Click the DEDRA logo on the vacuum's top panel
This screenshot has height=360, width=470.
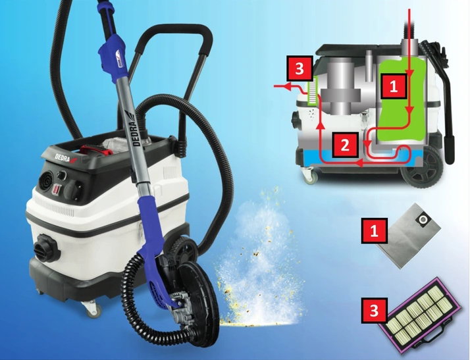pyautogui.click(x=65, y=158)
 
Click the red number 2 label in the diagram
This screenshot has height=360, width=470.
pyautogui.click(x=345, y=145)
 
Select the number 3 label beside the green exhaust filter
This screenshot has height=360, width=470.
pyautogui.click(x=300, y=68)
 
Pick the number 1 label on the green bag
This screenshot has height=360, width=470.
pyautogui.click(x=394, y=86)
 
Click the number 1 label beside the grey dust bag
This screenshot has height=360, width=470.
pyautogui.click(x=374, y=230)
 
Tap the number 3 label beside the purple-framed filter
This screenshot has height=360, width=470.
pyautogui.click(x=374, y=310)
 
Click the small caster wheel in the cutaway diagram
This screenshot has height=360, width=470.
pyautogui.click(x=310, y=176)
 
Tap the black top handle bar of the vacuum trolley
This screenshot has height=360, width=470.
pyautogui.click(x=177, y=31)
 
